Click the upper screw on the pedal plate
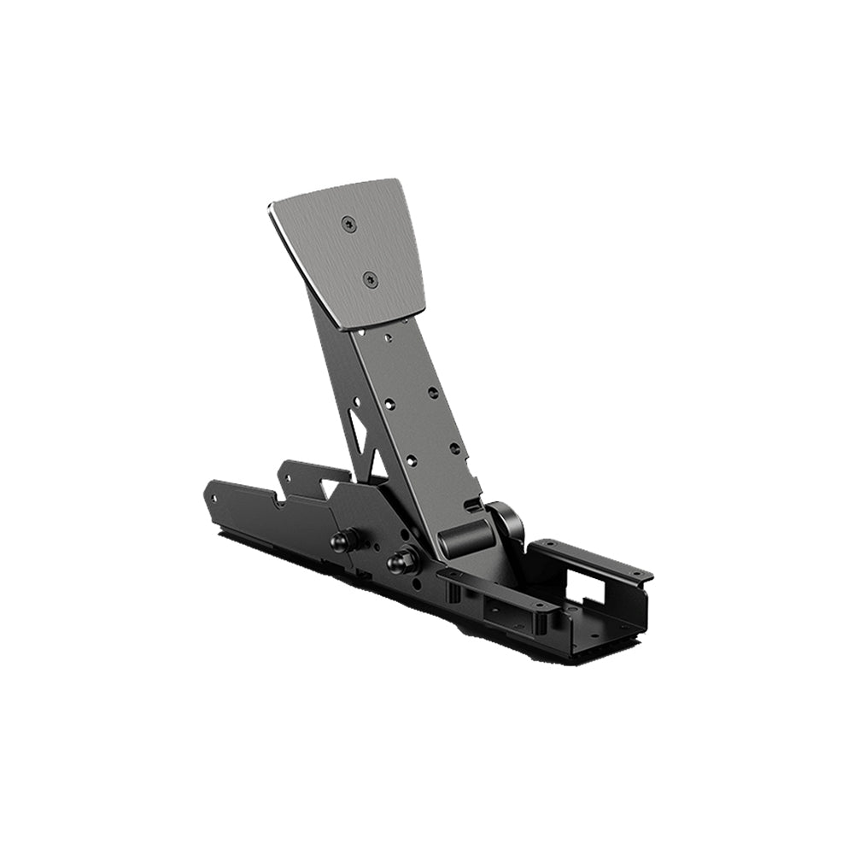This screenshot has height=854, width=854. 348,224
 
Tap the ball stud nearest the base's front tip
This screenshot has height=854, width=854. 345,541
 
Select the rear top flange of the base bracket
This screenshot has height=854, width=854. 589,559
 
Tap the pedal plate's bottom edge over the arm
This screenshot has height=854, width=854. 376,320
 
